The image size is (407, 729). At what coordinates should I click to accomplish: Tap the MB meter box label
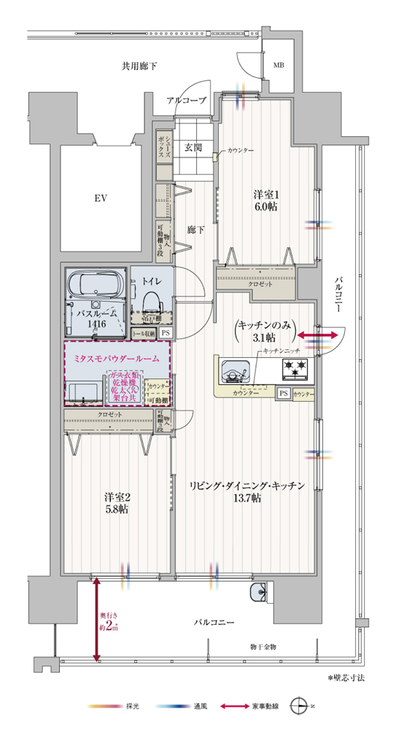click(x=278, y=66)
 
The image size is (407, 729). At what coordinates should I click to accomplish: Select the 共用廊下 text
click(x=139, y=66)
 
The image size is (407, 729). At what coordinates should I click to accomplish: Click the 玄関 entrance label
click(x=193, y=147)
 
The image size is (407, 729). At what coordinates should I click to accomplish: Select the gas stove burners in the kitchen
click(x=294, y=370)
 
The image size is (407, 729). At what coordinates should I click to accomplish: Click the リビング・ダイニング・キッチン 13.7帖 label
click(x=247, y=492)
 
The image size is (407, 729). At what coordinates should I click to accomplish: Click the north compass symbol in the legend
click(x=301, y=706)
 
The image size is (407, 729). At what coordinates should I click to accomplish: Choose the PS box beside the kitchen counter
click(x=283, y=393)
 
